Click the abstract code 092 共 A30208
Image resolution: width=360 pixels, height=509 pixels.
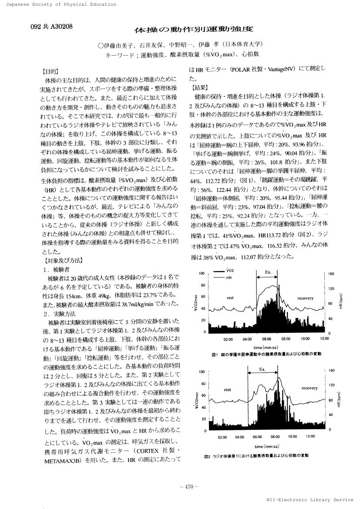pyautogui.click(x=52, y=26)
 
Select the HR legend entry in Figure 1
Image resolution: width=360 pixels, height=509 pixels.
pyautogui.click(x=229, y=277)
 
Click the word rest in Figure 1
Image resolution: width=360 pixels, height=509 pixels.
pyautogui.click(x=230, y=298)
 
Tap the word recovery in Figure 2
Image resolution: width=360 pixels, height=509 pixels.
pyautogui.click(x=309, y=388)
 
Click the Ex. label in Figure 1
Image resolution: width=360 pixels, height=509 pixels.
pyautogui.click(x=268, y=272)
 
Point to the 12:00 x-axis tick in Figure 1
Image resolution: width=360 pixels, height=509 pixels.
pyautogui.click(x=324, y=338)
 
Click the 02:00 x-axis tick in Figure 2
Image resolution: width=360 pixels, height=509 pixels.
pyautogui.click(x=222, y=436)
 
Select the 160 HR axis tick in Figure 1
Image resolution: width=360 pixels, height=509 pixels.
pyautogui.click(x=331, y=274)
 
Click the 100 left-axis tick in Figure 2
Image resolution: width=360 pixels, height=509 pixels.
pyautogui.click(x=202, y=372)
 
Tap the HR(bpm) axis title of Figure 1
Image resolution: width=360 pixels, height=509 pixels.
pyautogui.click(x=342, y=300)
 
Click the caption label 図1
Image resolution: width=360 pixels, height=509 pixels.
pyautogui.click(x=215, y=354)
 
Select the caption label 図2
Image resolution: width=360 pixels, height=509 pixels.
pyautogui.click(x=207, y=456)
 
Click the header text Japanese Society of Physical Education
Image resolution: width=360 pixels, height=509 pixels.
pyautogui.click(x=58, y=4)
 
